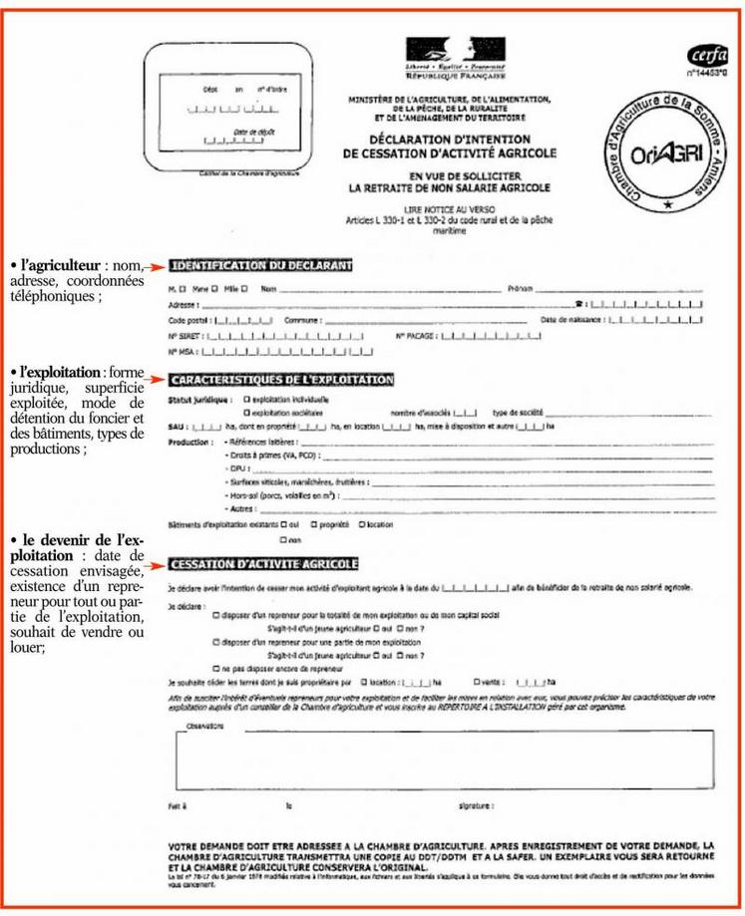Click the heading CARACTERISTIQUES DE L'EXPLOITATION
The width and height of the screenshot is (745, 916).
point(282,380)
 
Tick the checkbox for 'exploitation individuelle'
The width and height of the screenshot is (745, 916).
point(246,399)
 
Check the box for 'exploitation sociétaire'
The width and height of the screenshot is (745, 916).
point(246,411)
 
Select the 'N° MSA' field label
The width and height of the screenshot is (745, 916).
point(182,352)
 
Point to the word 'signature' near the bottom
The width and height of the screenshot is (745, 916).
point(473,805)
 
